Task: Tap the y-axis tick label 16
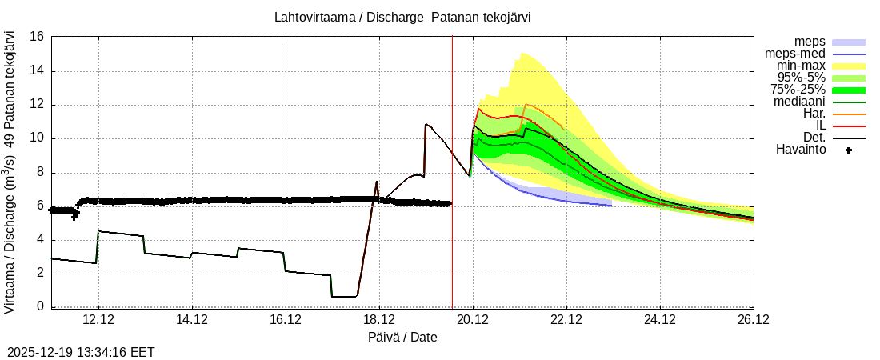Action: click(x=36, y=37)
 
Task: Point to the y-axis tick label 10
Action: click(x=36, y=138)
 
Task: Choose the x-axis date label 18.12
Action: click(x=379, y=320)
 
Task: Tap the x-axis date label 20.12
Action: click(x=473, y=320)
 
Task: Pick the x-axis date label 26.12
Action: click(x=754, y=320)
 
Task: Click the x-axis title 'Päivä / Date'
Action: click(x=402, y=338)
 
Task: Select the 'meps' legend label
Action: click(x=810, y=42)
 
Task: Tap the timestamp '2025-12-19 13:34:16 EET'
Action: click(x=81, y=352)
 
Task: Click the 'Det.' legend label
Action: click(x=813, y=138)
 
